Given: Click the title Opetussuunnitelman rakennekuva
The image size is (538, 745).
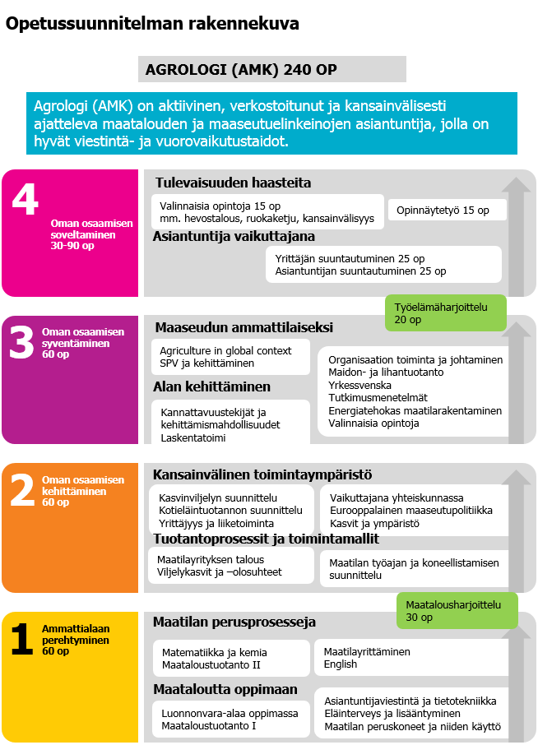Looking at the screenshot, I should pyautogui.click(x=152, y=24).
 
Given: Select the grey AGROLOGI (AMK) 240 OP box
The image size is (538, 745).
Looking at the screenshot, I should pyautogui.click(x=271, y=69).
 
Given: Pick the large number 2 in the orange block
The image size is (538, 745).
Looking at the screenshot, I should pyautogui.click(x=22, y=492).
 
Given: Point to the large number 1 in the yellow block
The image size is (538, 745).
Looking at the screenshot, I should pyautogui.click(x=22, y=639).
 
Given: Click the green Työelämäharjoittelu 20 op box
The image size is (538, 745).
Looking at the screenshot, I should pyautogui.click(x=445, y=313).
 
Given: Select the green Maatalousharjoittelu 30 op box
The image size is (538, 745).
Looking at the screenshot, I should pyautogui.click(x=457, y=610).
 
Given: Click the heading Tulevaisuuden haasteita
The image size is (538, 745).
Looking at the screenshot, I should pyautogui.click(x=233, y=183).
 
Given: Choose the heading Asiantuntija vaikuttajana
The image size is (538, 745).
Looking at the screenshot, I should pyautogui.click(x=234, y=237).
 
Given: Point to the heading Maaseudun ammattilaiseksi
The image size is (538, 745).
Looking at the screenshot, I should pyautogui.click(x=243, y=327).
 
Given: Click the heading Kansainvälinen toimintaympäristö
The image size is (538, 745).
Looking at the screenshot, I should pyautogui.click(x=262, y=474).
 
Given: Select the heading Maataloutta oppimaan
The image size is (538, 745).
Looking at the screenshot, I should pyautogui.click(x=225, y=689).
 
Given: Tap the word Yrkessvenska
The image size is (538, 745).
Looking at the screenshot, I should pyautogui.click(x=359, y=385).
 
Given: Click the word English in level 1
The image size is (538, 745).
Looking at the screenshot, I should pyautogui.click(x=341, y=664).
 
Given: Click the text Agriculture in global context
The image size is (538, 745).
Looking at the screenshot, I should pyautogui.click(x=225, y=351).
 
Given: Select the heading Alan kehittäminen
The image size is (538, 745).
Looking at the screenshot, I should pyautogui.click(x=211, y=386).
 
